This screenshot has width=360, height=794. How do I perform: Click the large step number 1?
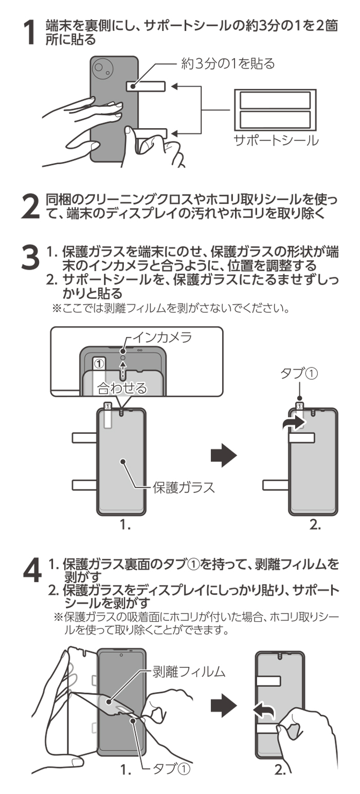tap(30, 32)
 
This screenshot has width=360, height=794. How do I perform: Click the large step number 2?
tap(30, 206)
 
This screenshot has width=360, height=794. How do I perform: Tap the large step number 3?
tap(30, 257)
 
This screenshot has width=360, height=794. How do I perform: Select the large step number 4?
tap(32, 570)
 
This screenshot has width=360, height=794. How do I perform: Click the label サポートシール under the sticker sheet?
tap(276, 140)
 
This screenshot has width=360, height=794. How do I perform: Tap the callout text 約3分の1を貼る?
tap(227, 64)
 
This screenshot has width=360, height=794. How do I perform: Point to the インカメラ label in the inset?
tap(162, 337)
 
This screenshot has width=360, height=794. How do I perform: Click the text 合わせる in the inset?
tap(122, 388)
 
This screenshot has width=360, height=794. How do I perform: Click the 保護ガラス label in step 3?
tap(184, 487)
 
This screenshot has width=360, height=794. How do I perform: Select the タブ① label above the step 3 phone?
tap(299, 373)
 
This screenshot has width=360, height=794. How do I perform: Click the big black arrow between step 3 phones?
tap(223, 455)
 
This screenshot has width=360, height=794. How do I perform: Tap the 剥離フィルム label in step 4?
tap(189, 672)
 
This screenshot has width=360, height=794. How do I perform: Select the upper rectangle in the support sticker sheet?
tap(275, 100)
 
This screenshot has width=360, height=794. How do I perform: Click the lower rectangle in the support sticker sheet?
tap(275, 120)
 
